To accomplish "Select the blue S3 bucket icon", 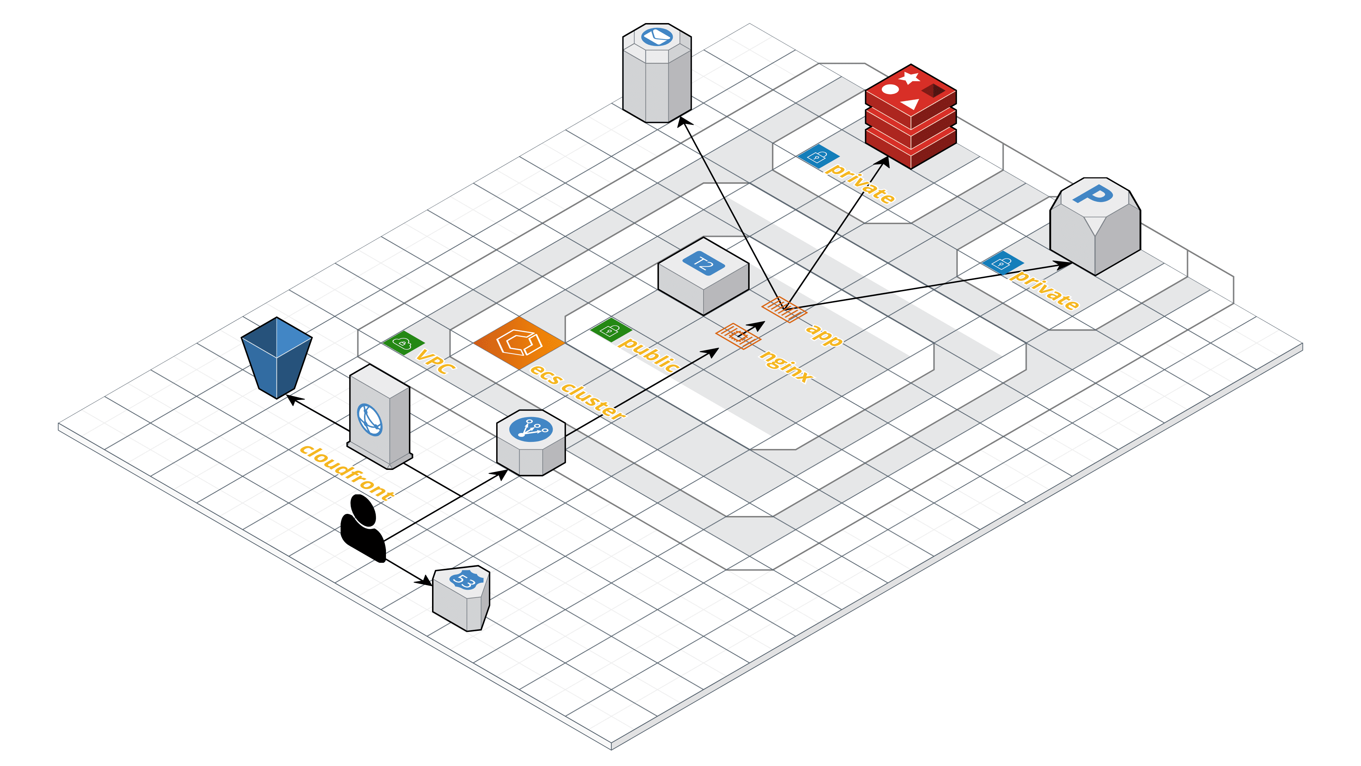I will coord(276,357).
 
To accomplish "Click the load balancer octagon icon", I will coord(531,443).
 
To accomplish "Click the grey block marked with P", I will coord(1095,226).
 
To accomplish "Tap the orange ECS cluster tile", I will coord(519,343).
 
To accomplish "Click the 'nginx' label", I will coord(786,366).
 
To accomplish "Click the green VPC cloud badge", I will coord(404,343).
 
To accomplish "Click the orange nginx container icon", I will coord(738,336).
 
